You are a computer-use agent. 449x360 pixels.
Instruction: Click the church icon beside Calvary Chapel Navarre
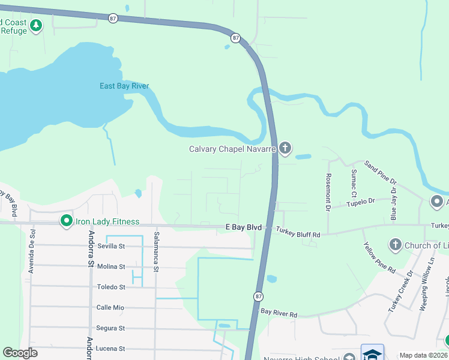(285, 148)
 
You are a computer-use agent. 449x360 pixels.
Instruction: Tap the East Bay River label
(124, 86)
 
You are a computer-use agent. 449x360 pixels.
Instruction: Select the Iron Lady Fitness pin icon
(67, 221)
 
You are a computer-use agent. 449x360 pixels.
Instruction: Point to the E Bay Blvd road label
(244, 227)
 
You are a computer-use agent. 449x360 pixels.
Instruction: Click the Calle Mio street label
(110, 307)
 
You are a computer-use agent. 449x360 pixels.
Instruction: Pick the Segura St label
(110, 328)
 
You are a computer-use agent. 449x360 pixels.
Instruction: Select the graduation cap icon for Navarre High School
(372, 353)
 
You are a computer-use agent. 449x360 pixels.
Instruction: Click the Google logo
(20, 352)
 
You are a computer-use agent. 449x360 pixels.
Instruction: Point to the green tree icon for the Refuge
(37, 26)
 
